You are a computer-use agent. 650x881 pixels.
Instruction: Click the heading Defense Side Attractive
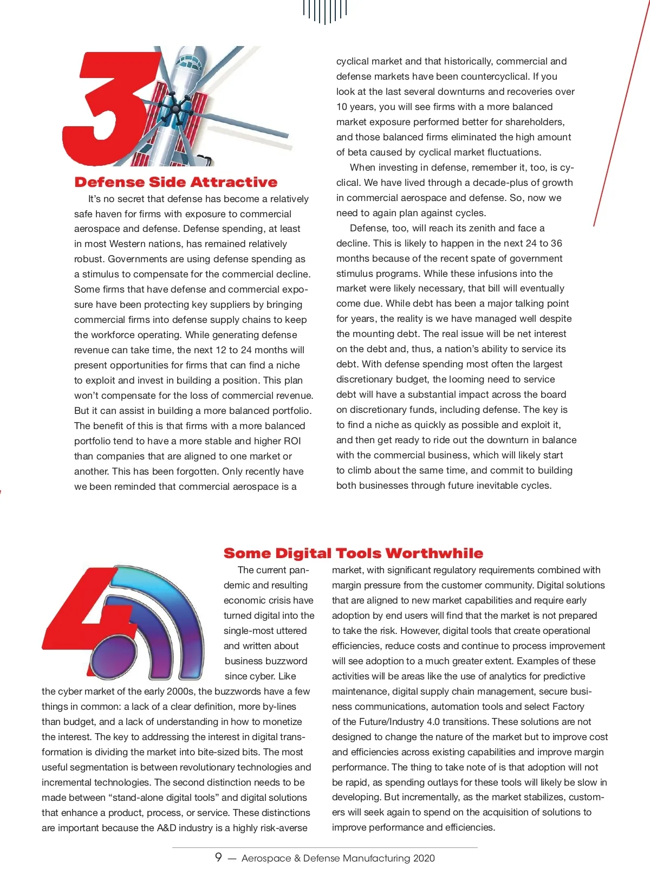(175, 182)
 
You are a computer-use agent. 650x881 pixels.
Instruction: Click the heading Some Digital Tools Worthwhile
(353, 553)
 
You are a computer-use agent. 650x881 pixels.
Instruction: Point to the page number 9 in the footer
(218, 857)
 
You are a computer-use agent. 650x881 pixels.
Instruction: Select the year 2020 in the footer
(424, 858)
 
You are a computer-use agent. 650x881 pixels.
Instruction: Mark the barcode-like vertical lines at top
(325, 11)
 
